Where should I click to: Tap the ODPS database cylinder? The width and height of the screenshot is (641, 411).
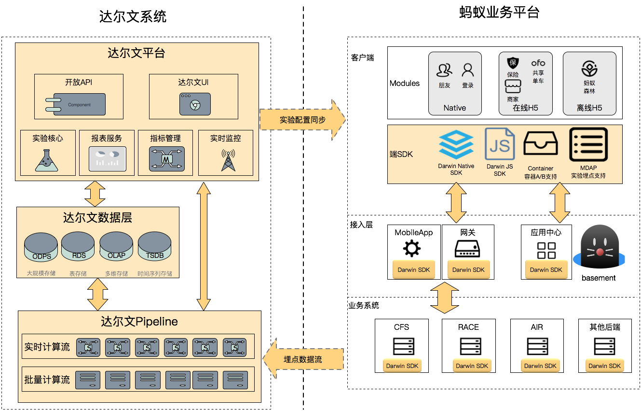(41, 247)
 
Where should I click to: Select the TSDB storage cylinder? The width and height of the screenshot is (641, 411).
(155, 247)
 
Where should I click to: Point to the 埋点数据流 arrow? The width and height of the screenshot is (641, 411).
(302, 359)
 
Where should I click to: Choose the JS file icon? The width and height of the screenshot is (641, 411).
(500, 144)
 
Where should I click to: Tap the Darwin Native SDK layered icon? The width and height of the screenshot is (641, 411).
(456, 144)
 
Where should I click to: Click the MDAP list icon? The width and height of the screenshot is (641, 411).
(588, 144)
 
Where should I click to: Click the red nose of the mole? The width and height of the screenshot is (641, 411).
(600, 252)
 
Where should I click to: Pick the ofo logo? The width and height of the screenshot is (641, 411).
(538, 63)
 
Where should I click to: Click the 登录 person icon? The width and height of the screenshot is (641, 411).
(468, 71)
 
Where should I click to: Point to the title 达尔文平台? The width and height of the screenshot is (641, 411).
(136, 53)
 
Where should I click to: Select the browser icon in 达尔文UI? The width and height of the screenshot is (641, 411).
(195, 104)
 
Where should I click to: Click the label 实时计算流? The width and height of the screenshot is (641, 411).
(47, 347)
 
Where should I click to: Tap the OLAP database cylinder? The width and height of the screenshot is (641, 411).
(116, 247)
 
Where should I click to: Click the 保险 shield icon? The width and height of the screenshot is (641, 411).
(513, 63)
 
